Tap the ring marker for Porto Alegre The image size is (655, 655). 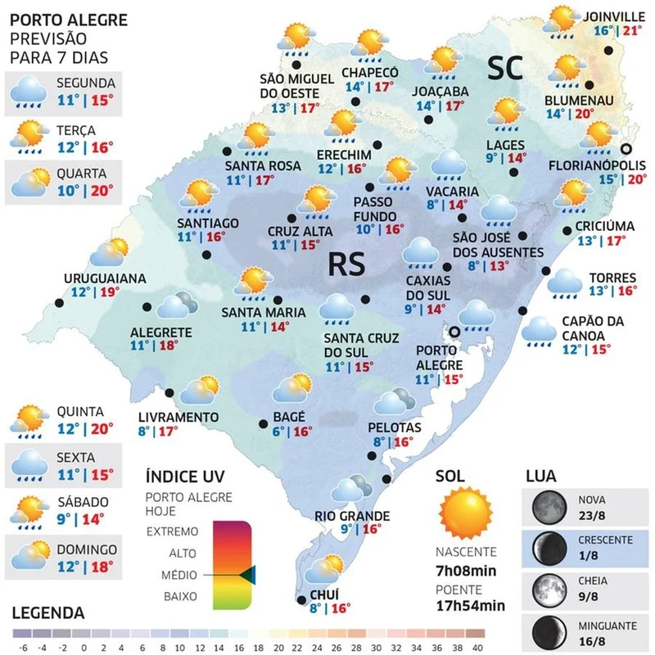coord(454,331)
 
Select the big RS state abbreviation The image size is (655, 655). coord(349,264)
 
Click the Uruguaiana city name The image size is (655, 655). coord(105,278)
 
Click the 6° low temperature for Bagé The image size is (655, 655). coord(278,431)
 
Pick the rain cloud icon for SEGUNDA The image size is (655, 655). coord(29,93)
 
